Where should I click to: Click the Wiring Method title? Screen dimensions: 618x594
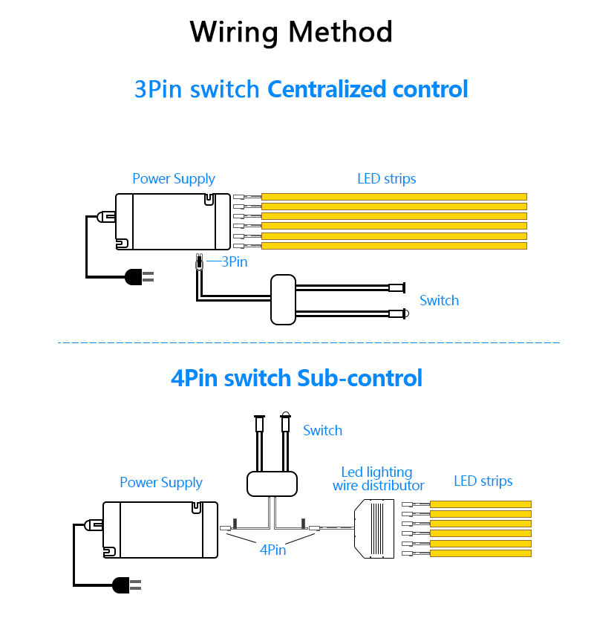coord(291,32)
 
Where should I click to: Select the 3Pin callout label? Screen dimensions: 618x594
coord(235,261)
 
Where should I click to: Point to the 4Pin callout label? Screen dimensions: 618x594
coord(272,550)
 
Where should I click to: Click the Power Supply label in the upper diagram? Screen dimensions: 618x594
coord(174,179)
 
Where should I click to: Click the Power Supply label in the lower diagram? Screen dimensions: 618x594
coord(161,483)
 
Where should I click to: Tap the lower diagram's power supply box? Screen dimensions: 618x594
coord(160,530)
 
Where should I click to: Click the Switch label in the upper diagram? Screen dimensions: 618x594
coord(439,301)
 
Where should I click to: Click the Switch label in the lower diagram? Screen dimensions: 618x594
coord(322,431)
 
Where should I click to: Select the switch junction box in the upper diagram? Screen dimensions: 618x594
coord(283,299)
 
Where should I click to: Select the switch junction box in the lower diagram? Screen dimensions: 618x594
coord(272,484)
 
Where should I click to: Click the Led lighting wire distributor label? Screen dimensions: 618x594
coord(378,479)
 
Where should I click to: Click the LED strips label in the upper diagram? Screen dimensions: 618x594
coord(387,179)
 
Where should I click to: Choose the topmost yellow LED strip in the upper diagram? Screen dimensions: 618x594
coord(394,197)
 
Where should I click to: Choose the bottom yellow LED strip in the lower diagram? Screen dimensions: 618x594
coord(480,553)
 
